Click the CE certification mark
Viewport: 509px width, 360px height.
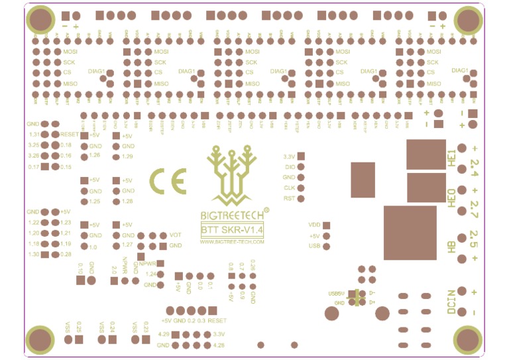pos(168,180)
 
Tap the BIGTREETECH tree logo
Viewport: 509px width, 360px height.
pos(232,175)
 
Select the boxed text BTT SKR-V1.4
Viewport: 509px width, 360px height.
pos(232,230)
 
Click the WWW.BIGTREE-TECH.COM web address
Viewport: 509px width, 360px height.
pos(232,242)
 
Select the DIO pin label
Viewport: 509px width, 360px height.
pos(289,167)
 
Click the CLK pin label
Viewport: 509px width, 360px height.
pos(289,188)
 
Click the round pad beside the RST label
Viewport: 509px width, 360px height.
pos(301,198)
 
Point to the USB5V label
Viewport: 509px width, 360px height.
pos(336,293)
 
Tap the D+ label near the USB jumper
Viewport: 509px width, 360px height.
pos(372,302)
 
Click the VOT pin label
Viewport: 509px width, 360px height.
pos(176,235)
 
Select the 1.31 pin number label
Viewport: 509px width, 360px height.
pos(34,134)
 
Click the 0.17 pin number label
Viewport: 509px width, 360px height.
pos(34,166)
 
